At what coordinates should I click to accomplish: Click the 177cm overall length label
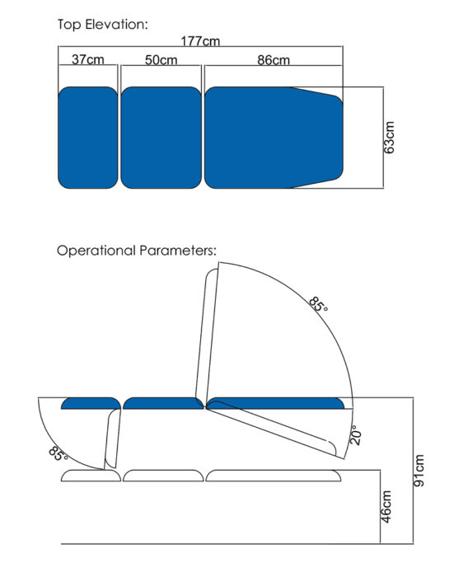(x=200, y=40)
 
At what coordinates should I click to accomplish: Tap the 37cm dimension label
(x=88, y=59)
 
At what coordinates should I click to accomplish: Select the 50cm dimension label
(x=161, y=59)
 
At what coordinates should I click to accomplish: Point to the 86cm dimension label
(x=274, y=59)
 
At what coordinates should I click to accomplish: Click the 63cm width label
(x=389, y=138)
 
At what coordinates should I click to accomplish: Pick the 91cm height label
(x=419, y=471)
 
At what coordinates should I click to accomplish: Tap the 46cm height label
(x=386, y=506)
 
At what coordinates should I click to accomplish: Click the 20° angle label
(x=355, y=435)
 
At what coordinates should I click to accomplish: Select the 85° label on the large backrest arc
(x=318, y=304)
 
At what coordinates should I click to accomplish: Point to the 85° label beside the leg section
(x=59, y=453)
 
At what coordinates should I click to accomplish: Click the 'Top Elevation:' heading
(x=103, y=24)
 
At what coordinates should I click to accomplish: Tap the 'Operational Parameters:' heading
(x=137, y=251)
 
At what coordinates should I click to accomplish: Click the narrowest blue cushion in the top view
(x=88, y=138)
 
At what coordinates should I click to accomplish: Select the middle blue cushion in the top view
(x=161, y=138)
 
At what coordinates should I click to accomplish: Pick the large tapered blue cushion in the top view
(x=274, y=138)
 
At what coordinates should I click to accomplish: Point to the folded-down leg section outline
(x=113, y=438)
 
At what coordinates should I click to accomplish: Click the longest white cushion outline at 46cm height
(x=274, y=476)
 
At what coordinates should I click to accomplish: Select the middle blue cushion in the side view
(x=163, y=403)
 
